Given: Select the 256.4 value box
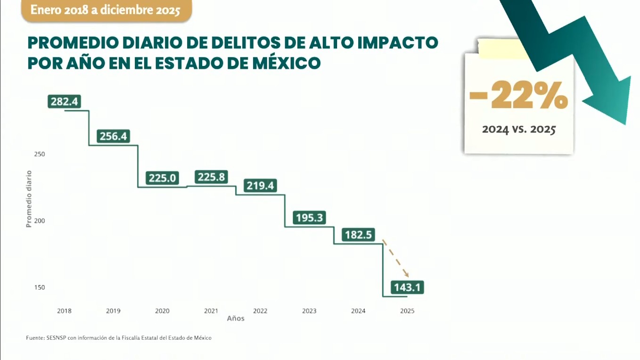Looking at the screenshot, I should point(114,136).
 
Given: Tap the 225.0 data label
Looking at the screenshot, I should point(163,178).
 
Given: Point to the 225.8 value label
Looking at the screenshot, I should point(212,177).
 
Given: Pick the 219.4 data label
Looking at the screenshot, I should point(260,186).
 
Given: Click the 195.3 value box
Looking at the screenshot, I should point(309,218).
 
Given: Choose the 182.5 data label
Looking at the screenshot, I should point(358,235).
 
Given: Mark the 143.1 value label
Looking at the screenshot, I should point(407,287).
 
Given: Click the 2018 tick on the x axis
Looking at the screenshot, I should point(64,311).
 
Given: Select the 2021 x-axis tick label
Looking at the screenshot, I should point(211,311).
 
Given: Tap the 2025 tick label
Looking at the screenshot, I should point(407,311).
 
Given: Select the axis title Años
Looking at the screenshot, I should point(236,319).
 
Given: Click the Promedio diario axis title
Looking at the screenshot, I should point(29,199).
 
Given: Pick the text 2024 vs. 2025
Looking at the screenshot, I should point(519,129).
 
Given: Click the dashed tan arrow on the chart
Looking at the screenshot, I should point(395,258).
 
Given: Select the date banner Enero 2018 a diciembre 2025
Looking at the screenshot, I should point(106,10).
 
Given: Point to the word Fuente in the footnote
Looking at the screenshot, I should point(35,338).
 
